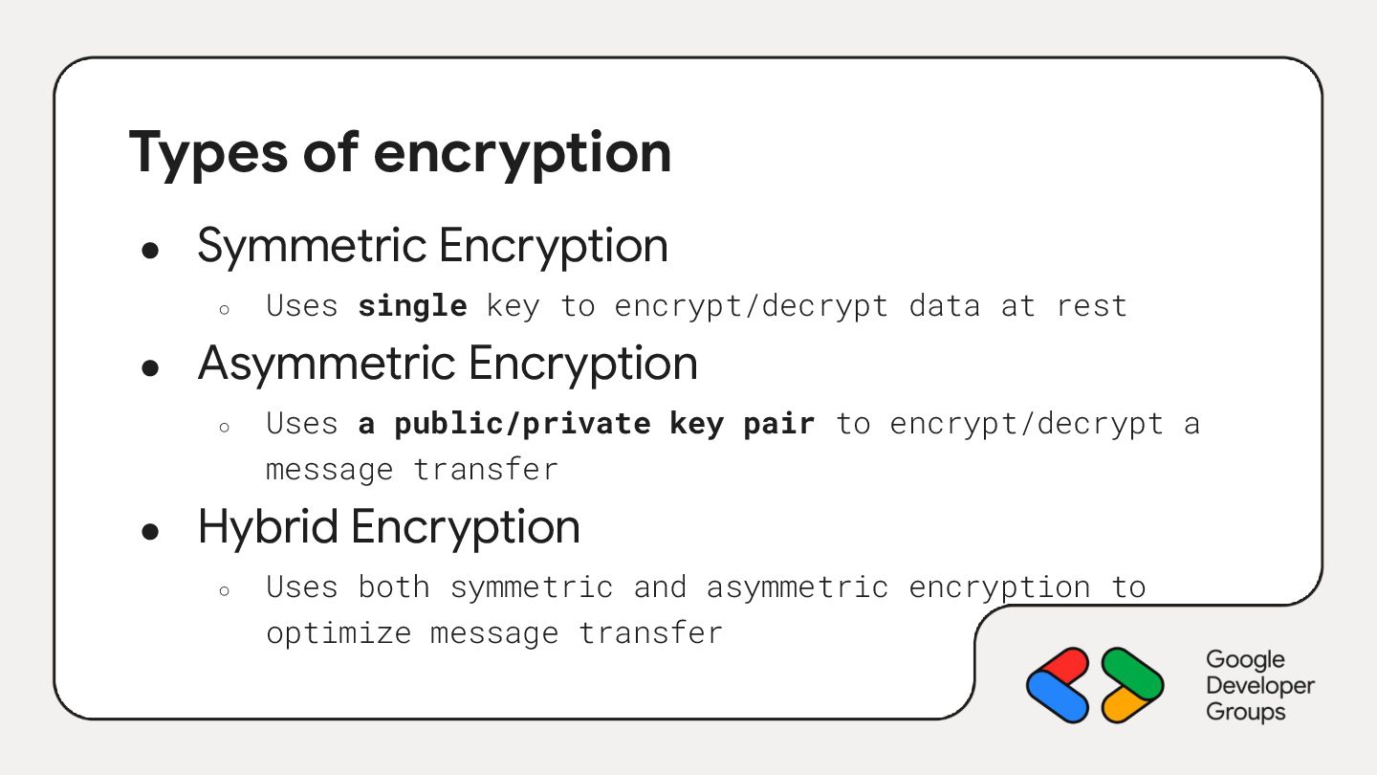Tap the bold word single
click(412, 306)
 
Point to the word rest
click(1091, 306)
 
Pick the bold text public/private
click(522, 424)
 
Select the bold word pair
click(778, 424)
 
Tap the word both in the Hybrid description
click(393, 587)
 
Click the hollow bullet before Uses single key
click(224, 309)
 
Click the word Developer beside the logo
click(1259, 686)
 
